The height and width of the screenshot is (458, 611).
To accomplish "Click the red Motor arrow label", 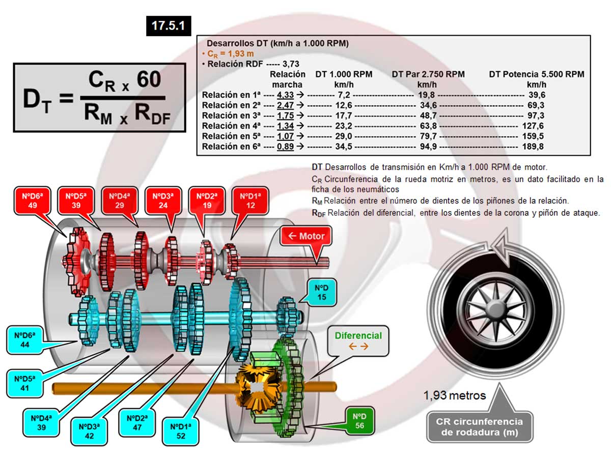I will (306, 236).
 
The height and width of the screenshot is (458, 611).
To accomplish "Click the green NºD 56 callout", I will (359, 421).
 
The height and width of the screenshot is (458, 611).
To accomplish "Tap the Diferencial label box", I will (358, 340).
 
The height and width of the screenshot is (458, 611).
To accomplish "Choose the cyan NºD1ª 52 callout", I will (181, 431).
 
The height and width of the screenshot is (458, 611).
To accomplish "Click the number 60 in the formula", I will (149, 80).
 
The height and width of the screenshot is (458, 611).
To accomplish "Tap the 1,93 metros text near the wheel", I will (455, 395).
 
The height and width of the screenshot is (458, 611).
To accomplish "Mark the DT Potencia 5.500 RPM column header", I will (536, 74).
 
